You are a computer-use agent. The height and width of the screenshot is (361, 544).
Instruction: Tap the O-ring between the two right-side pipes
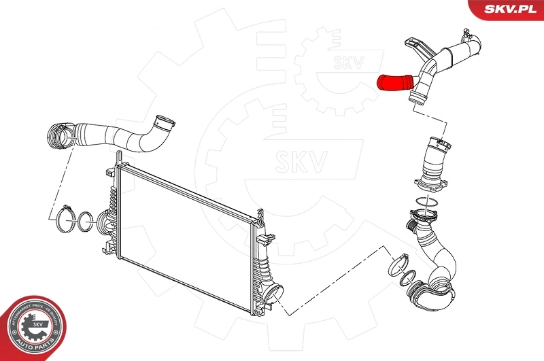pyautogui.click(x=426, y=204)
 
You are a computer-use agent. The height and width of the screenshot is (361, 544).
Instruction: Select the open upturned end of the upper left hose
pyautogui.click(x=163, y=124)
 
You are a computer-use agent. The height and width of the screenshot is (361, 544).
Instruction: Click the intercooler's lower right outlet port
pyautogui.click(x=275, y=295)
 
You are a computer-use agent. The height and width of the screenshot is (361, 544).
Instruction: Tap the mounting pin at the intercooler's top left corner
pyautogui.click(x=119, y=157)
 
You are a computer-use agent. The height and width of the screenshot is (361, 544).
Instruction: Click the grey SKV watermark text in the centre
pyautogui.click(x=300, y=161)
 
